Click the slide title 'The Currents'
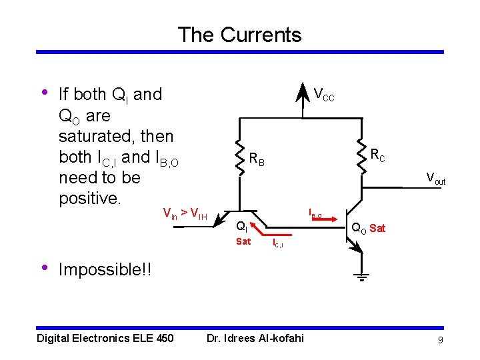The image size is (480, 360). [x=239, y=35]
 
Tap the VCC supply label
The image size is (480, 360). [x=324, y=95]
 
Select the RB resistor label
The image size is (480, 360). [x=257, y=160]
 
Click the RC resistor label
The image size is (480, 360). [x=377, y=157]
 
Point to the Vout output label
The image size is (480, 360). [x=436, y=179]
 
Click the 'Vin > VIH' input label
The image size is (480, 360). [x=185, y=214]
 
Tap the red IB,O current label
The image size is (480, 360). [x=315, y=214]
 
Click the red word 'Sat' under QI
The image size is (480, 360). [x=243, y=241]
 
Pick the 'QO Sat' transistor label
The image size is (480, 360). [x=369, y=229]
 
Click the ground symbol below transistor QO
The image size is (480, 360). [x=361, y=277]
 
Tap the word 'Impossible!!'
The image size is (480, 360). [x=105, y=270]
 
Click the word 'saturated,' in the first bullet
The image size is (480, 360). [x=116, y=137]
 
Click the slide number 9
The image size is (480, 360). [x=440, y=341]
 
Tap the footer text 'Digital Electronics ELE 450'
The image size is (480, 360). [x=105, y=339]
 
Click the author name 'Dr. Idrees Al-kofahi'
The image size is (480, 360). [x=255, y=339]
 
